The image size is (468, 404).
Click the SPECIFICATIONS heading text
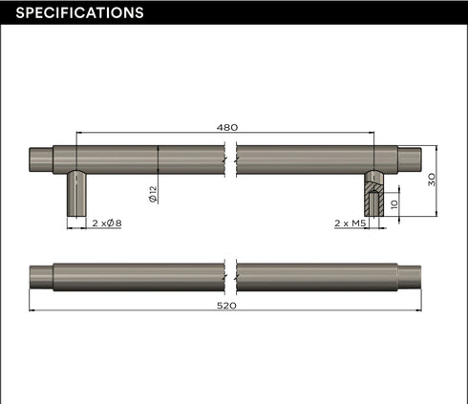[79, 12]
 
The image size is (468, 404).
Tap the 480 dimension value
[227, 127]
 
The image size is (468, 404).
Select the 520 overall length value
[226, 306]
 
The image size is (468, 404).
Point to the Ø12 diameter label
[153, 194]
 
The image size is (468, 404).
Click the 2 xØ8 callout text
[107, 223]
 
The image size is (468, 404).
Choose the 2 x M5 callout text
[351, 223]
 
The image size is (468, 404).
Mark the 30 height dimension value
[432, 180]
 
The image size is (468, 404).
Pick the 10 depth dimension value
[394, 204]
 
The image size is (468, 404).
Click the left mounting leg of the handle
[76, 193]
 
